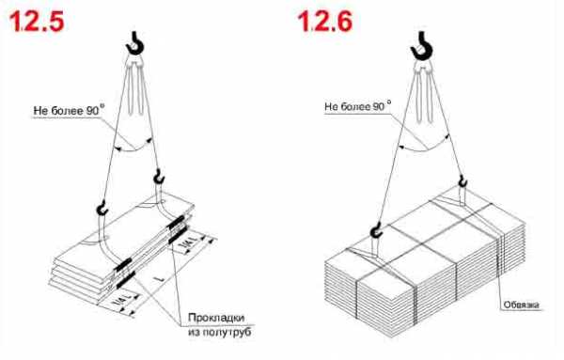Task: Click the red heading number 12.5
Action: pyautogui.click(x=37, y=21)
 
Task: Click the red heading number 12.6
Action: pyautogui.click(x=325, y=21)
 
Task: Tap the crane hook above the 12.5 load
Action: pyautogui.click(x=135, y=43)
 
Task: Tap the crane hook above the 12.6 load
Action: pyautogui.click(x=422, y=46)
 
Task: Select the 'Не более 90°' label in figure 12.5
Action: pyautogui.click(x=69, y=110)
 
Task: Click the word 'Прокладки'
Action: pyautogui.click(x=216, y=318)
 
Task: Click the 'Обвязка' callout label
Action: pyautogui.click(x=521, y=305)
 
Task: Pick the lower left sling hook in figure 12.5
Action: pyautogui.click(x=102, y=209)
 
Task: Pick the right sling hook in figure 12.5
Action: pyautogui.click(x=158, y=177)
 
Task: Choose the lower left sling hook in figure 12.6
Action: pyautogui.click(x=375, y=230)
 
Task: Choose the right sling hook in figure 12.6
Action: pyautogui.click(x=462, y=181)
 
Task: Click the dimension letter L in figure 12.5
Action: pyautogui.click(x=161, y=279)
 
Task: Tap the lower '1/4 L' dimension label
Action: pyautogui.click(x=123, y=300)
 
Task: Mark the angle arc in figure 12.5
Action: pyautogui.click(x=133, y=149)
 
